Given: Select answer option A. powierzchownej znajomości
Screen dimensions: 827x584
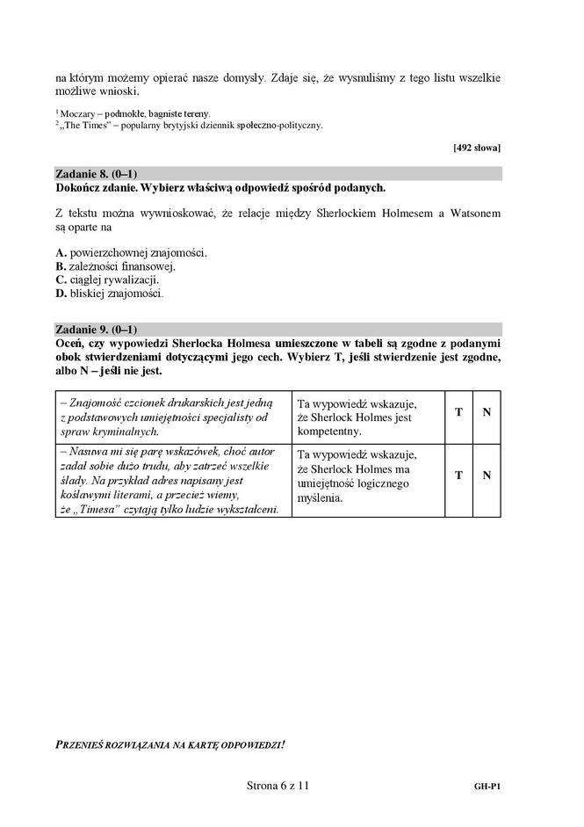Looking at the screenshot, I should (131, 252).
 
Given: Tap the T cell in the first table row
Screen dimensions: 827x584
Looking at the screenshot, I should (458, 414).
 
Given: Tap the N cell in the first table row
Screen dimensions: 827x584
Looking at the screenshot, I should (486, 414).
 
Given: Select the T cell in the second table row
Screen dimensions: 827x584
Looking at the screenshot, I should (458, 475).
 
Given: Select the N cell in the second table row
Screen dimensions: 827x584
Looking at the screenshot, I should (486, 475).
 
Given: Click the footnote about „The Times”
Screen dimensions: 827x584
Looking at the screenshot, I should (189, 125).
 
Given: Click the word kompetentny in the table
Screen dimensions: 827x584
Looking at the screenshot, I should (329, 432).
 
